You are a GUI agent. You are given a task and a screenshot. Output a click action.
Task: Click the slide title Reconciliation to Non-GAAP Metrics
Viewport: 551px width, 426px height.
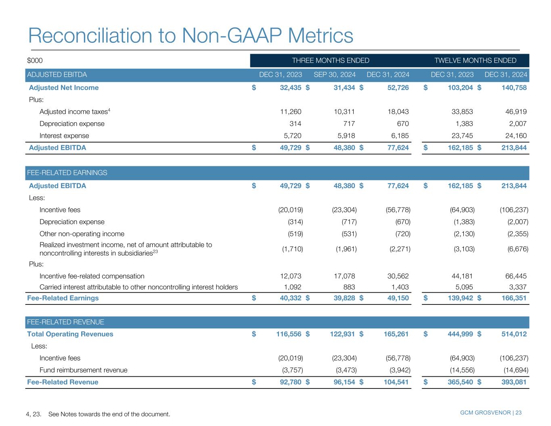point(191,36)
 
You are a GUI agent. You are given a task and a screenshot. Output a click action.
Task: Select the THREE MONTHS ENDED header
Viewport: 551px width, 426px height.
point(330,61)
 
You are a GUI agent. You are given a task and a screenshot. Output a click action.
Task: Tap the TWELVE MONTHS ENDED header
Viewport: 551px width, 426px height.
point(475,61)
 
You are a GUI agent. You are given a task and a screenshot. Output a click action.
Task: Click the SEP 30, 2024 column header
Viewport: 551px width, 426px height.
point(334,75)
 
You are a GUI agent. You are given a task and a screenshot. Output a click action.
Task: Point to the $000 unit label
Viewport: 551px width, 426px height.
point(35,61)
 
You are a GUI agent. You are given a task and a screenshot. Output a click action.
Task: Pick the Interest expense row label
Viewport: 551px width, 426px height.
point(64,136)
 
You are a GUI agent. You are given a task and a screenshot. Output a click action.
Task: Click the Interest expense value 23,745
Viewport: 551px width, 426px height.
point(461,136)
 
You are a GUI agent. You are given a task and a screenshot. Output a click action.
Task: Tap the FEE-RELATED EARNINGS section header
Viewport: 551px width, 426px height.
point(67,173)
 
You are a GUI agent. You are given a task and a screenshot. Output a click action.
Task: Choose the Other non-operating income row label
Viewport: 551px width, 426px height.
point(82,234)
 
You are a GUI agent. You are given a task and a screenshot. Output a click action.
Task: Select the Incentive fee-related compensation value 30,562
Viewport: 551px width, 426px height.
point(397,276)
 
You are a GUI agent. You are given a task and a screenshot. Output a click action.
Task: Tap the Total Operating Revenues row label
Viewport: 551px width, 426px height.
point(70,334)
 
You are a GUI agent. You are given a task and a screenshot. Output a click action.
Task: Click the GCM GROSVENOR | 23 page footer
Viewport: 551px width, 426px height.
point(490,413)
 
